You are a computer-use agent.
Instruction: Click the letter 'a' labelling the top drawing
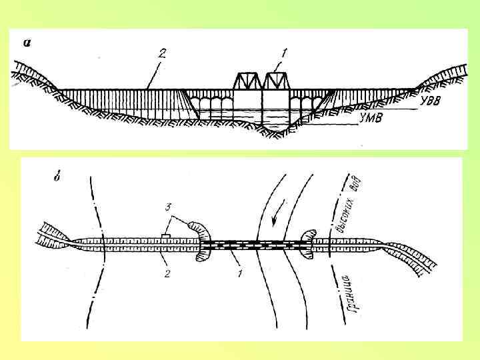[27, 43]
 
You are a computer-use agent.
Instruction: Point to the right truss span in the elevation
[276, 81]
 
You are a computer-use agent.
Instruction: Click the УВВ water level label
[432, 102]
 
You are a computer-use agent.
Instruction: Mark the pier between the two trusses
[261, 107]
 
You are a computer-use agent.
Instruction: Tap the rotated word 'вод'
[359, 181]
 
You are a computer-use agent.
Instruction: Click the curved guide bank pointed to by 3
[200, 230]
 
